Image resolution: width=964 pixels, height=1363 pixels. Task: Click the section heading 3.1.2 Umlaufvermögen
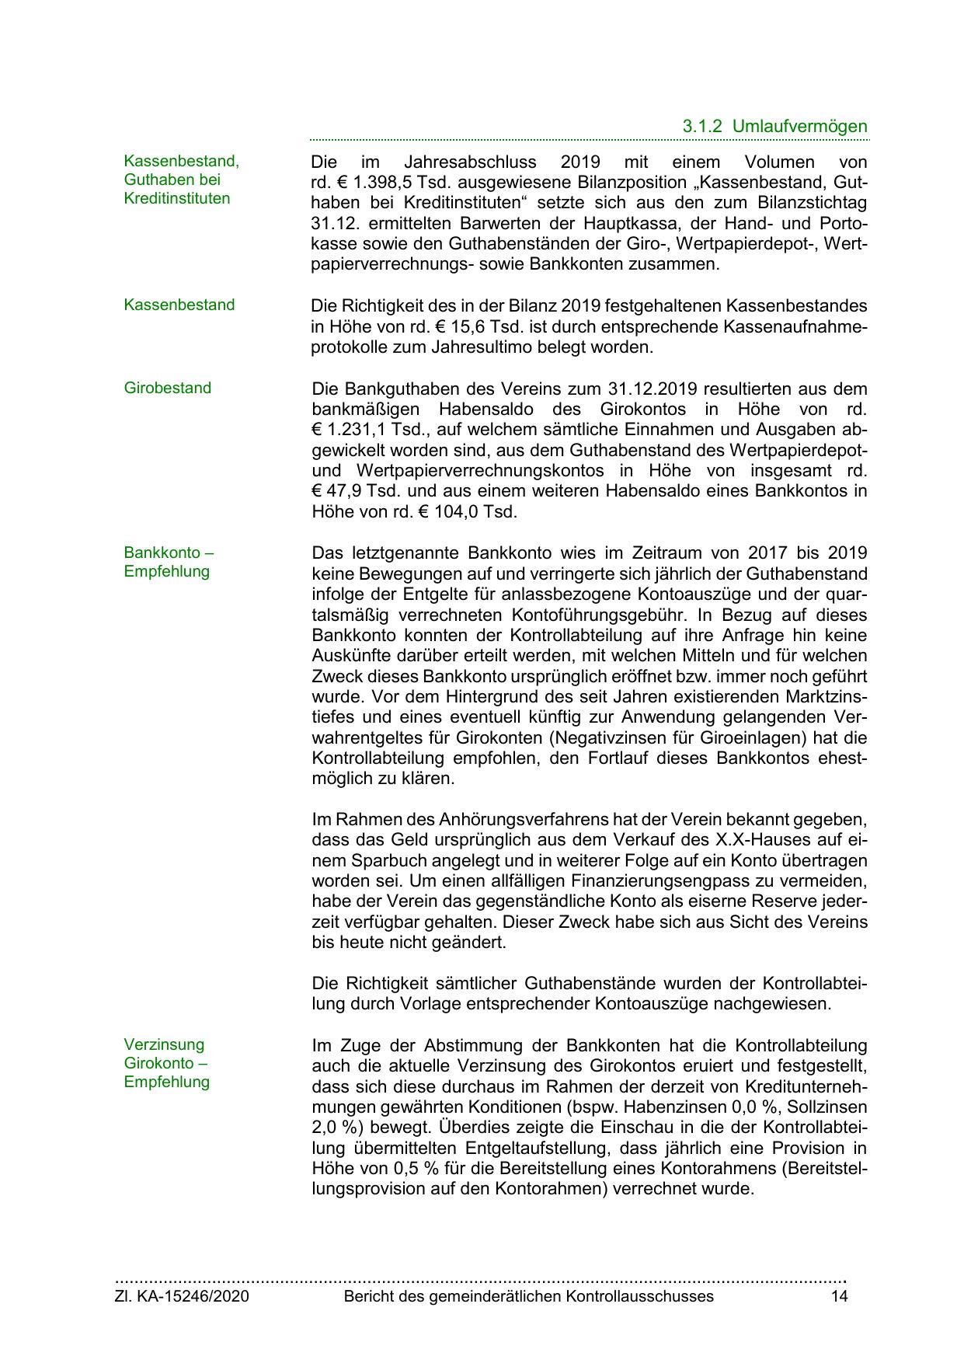point(774,126)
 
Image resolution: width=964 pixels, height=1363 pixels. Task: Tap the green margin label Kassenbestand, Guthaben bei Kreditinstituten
point(181,180)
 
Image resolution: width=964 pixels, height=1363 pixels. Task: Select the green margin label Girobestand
point(167,388)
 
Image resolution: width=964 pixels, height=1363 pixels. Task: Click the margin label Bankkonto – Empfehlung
point(169,562)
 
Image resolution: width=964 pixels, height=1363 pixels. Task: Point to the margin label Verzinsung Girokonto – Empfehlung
point(166,1063)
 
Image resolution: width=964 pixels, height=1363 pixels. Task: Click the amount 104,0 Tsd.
point(473,512)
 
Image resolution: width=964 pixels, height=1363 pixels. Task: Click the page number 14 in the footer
point(839,1296)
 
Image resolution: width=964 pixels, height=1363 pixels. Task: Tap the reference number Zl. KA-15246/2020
point(182,1296)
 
